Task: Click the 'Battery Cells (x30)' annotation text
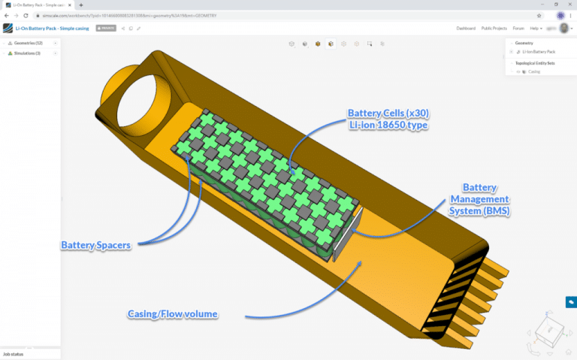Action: click(388, 113)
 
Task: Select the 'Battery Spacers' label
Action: click(97, 245)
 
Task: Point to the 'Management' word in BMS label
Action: click(479, 198)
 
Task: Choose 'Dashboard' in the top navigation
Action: click(466, 28)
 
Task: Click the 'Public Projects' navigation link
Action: click(494, 28)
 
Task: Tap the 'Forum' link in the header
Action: click(518, 28)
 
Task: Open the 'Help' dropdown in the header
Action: click(536, 28)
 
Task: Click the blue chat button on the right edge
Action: click(570, 301)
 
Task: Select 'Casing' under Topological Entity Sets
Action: click(534, 71)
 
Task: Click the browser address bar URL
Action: click(150, 15)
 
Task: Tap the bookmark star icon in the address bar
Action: click(539, 15)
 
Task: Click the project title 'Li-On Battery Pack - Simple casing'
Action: click(53, 28)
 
